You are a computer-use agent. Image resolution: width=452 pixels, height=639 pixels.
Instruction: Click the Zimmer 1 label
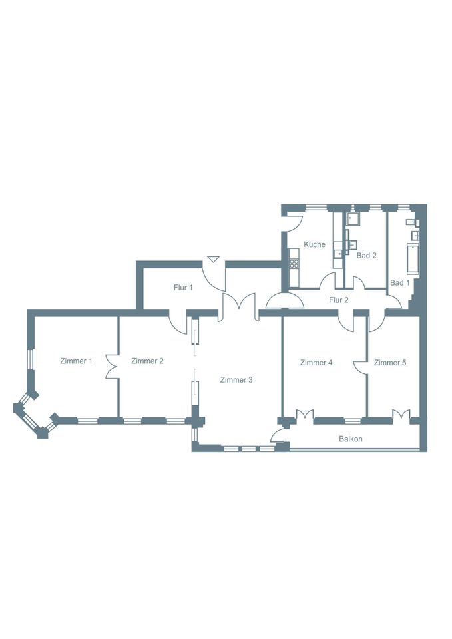tap(76, 361)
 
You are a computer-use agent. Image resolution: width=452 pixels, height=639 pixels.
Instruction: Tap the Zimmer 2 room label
tap(148, 361)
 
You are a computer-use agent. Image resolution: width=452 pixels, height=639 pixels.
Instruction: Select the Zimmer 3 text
tap(236, 380)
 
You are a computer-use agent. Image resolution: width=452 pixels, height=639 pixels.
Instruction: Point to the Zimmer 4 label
tap(316, 363)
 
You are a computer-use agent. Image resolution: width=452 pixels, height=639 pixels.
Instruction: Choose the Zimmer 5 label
tap(390, 363)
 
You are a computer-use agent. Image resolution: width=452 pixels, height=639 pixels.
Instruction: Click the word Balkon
tap(351, 439)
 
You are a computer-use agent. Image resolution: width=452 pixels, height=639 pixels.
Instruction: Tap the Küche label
tap(315, 244)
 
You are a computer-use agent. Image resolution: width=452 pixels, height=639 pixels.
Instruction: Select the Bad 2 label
tap(366, 256)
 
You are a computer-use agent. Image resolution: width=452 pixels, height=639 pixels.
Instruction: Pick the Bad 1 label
tap(400, 282)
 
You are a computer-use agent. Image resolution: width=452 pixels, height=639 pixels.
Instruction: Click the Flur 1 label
tap(183, 288)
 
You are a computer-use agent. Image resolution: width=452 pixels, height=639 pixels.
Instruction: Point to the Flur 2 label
tap(339, 300)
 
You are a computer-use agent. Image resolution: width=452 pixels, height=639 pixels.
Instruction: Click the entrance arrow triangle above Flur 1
tap(213, 259)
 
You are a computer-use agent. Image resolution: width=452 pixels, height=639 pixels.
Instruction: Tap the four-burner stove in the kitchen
tap(294, 264)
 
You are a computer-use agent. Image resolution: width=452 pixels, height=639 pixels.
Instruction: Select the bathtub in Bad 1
tap(412, 258)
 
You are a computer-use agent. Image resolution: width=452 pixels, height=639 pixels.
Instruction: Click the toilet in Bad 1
tap(411, 222)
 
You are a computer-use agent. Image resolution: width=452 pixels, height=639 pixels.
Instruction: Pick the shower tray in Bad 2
tap(353, 218)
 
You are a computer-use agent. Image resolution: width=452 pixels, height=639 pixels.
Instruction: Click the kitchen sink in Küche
tap(338, 254)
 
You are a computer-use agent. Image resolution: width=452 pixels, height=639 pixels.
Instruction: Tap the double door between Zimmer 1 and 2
tap(112, 366)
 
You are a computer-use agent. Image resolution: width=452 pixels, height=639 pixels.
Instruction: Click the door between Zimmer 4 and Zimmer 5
tap(360, 367)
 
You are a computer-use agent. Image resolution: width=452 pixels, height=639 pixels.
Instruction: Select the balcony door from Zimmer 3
tap(278, 435)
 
